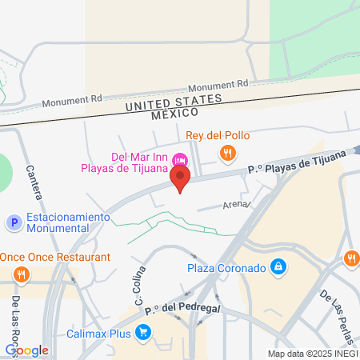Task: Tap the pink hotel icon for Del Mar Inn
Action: (x=181, y=157)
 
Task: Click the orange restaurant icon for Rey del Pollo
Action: (x=228, y=152)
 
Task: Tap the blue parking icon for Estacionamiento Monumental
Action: (x=13, y=222)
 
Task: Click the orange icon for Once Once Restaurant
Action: (x=22, y=274)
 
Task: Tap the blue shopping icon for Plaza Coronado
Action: (x=277, y=266)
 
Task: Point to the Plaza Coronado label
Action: (x=227, y=267)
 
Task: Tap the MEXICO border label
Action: (x=175, y=114)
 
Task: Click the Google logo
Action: (x=26, y=350)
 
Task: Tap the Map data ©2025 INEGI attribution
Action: (x=313, y=354)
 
